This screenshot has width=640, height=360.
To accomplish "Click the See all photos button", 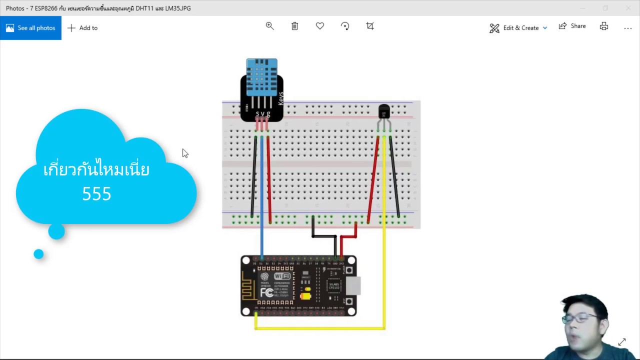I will [x=30, y=28].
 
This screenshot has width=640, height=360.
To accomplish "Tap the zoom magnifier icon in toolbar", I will [x=269, y=26].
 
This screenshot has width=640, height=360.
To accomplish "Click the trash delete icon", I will [x=294, y=26].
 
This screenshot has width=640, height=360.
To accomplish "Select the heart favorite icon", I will [x=320, y=26].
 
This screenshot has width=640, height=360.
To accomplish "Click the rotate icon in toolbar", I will [x=345, y=26].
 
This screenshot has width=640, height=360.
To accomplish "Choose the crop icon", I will [x=370, y=26].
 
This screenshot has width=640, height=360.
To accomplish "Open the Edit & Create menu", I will [x=518, y=28].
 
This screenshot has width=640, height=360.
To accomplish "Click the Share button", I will [x=572, y=26].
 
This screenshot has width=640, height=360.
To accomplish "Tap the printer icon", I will [x=604, y=26].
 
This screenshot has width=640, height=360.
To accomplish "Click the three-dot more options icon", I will [x=628, y=28].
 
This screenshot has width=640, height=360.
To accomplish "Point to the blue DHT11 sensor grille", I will [x=261, y=77].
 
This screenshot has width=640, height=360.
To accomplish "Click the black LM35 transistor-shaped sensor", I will [x=384, y=111].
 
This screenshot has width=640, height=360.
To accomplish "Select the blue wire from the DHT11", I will [x=261, y=200].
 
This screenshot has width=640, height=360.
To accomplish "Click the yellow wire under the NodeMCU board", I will [x=320, y=328].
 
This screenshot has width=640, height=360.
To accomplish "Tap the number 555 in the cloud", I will [x=96, y=194].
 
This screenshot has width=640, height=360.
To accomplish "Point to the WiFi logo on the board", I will [x=282, y=276].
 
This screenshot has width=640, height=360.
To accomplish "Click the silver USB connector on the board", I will [x=353, y=285].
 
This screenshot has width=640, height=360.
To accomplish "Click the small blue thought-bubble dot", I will [x=38, y=254].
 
